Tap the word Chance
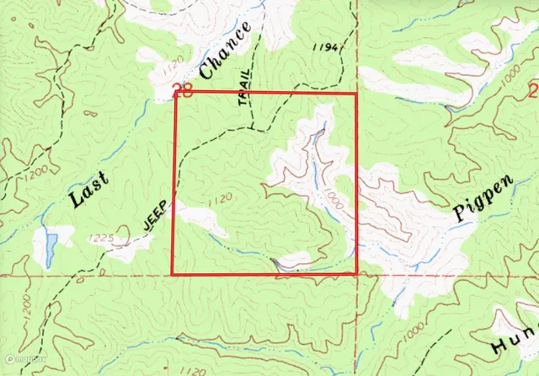coord(227,52)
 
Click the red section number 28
coord(182,91)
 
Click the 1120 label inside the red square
coord(217,199)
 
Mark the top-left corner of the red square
coord(173,93)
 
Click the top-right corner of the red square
coord(356,93)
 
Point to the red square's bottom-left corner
coord(173,274)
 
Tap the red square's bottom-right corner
coord(356,274)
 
